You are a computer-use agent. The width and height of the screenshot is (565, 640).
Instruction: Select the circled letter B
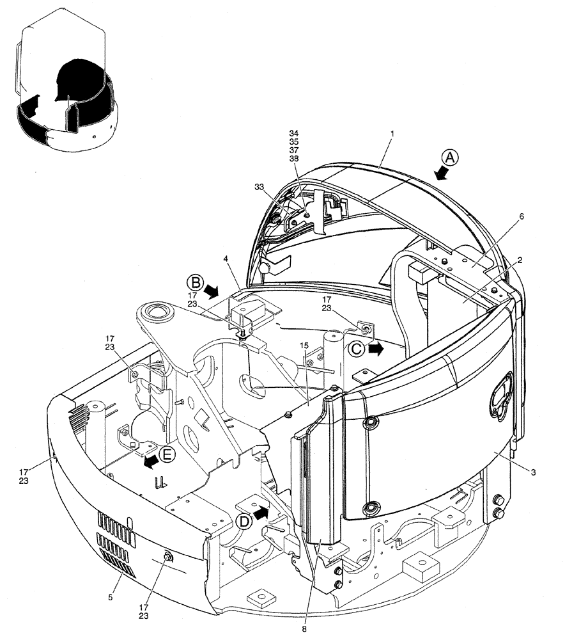pos(195,282)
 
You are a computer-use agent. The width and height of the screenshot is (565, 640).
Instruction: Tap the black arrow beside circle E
pos(150,462)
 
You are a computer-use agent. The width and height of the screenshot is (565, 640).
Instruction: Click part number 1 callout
pos(392,134)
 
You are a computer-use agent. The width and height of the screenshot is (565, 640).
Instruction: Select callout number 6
pos(522,217)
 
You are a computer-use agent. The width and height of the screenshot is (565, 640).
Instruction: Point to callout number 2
pos(522,260)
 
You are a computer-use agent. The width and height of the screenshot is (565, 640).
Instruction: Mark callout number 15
pos(305,346)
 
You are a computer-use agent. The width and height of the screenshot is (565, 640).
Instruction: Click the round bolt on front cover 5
pos(168,557)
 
